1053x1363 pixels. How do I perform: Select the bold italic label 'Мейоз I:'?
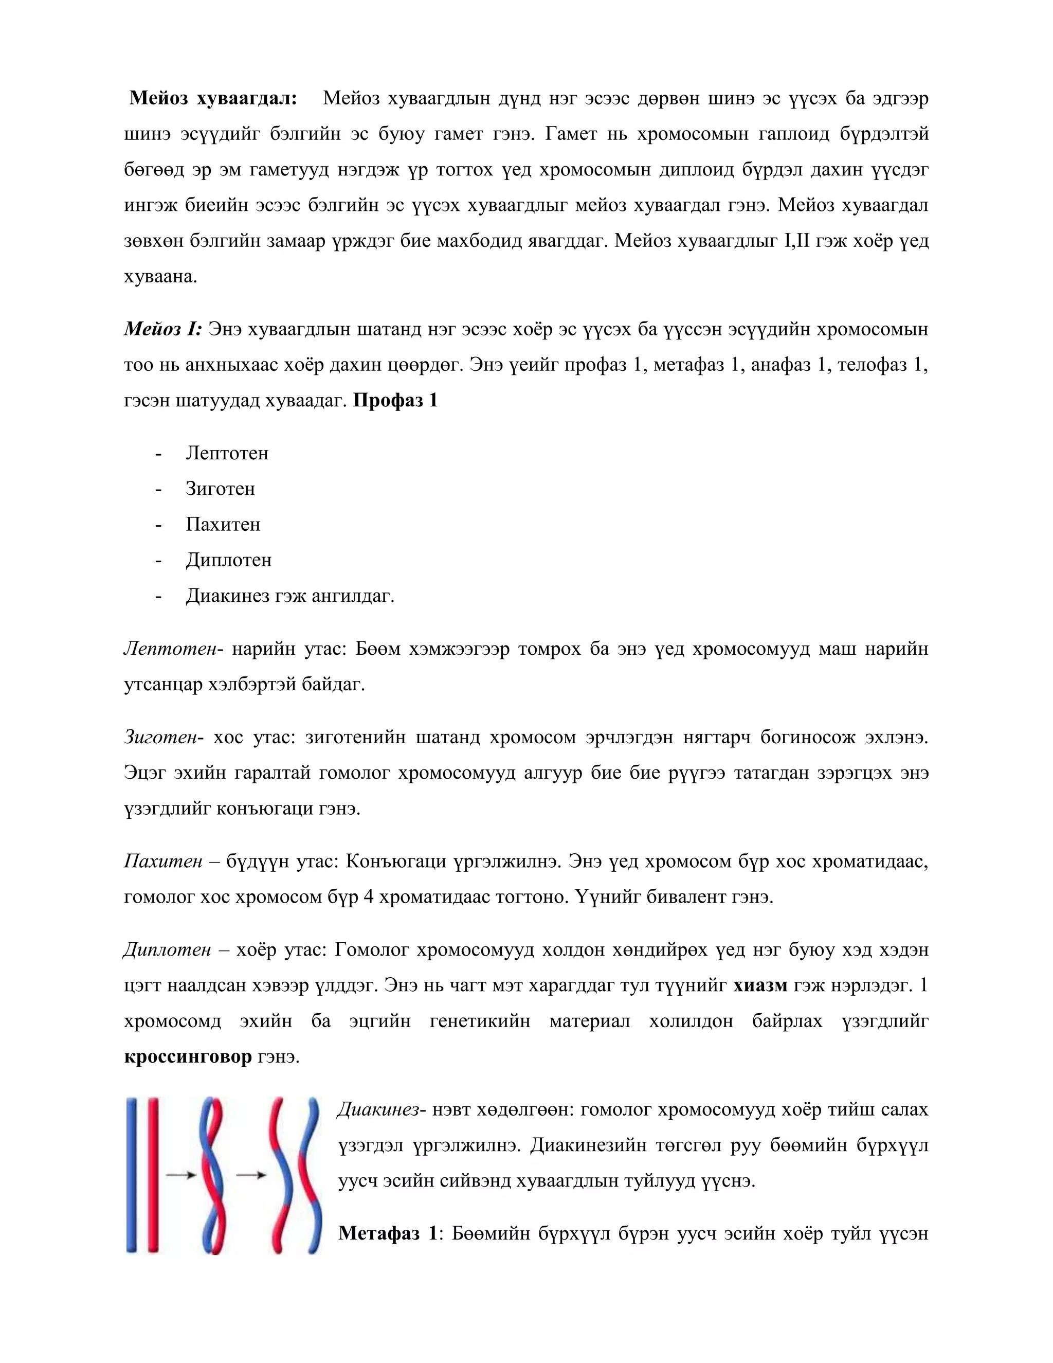tap(163, 329)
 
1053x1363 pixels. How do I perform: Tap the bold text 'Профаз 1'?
tap(395, 400)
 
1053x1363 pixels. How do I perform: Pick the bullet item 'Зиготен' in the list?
tap(220, 489)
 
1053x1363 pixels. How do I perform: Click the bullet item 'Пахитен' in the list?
tap(223, 524)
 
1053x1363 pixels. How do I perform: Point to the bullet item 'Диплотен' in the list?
tap(228, 560)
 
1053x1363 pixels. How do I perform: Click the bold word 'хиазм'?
tap(760, 985)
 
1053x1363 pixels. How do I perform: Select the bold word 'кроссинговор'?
tap(188, 1056)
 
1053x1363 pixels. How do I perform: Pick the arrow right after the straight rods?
tap(181, 1175)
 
